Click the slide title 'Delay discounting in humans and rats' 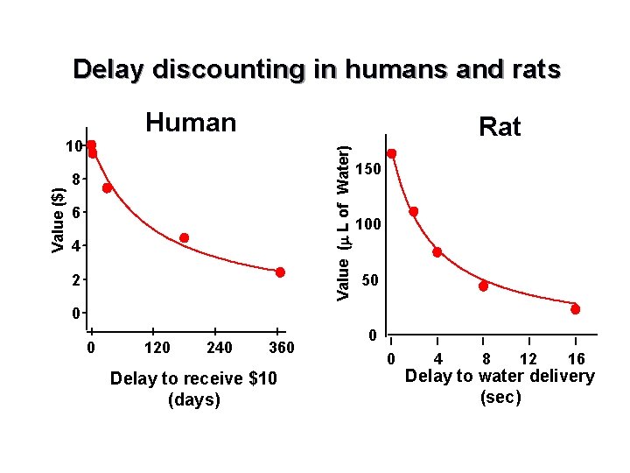click(x=317, y=70)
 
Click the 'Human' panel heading click(x=191, y=123)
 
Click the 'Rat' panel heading click(x=500, y=128)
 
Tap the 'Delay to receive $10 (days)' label click(x=164, y=389)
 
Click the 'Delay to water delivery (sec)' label click(x=500, y=386)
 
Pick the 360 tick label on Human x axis click(x=282, y=349)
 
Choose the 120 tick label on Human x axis click(x=157, y=349)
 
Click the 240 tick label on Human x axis click(x=219, y=349)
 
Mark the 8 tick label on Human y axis click(x=76, y=180)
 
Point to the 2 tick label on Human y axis click(x=76, y=280)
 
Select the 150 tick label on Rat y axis click(x=369, y=169)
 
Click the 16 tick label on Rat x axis click(x=575, y=359)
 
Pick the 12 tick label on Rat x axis click(x=528, y=359)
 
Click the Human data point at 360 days click(x=280, y=272)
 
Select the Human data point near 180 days click(x=185, y=237)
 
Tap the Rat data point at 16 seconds click(x=575, y=309)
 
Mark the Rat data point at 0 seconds click(x=392, y=153)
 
